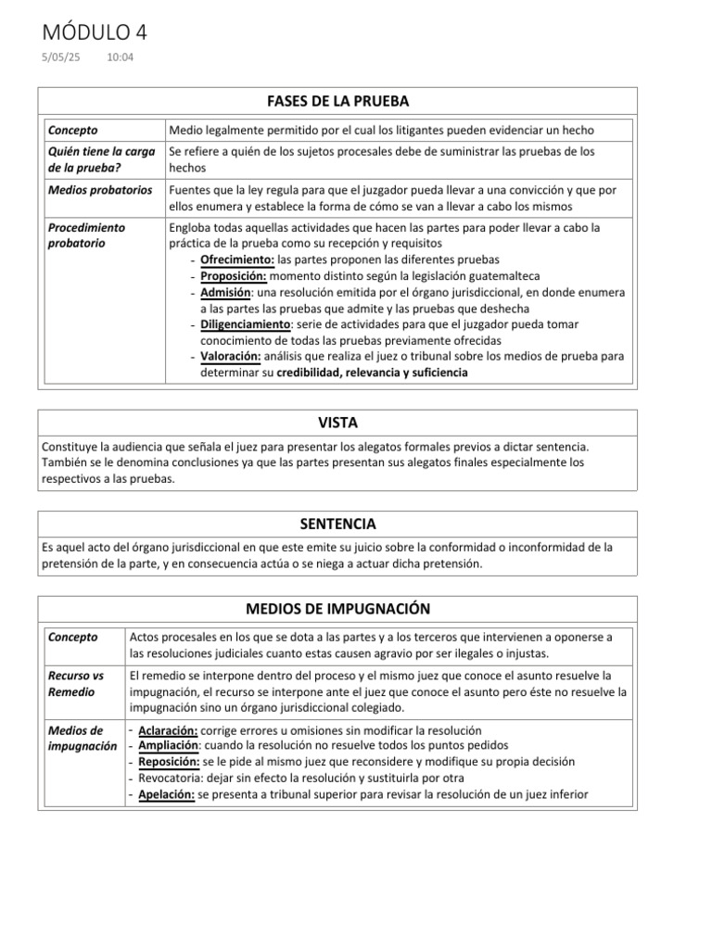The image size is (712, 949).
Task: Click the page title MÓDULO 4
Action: (95, 33)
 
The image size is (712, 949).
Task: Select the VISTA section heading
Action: (337, 423)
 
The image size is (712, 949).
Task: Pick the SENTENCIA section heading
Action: (337, 524)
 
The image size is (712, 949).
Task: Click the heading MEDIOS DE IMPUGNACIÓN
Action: (337, 609)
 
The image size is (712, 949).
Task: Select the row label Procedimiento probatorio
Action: (86, 234)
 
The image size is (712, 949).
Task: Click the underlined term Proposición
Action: (234, 275)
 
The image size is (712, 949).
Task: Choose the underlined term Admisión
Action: (225, 292)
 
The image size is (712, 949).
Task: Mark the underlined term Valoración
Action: (230, 357)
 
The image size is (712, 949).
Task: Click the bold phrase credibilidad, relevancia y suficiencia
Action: (372, 373)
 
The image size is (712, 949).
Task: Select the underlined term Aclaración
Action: (168, 730)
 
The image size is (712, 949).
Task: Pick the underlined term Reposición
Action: (169, 762)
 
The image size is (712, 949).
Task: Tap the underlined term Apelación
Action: (166, 794)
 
